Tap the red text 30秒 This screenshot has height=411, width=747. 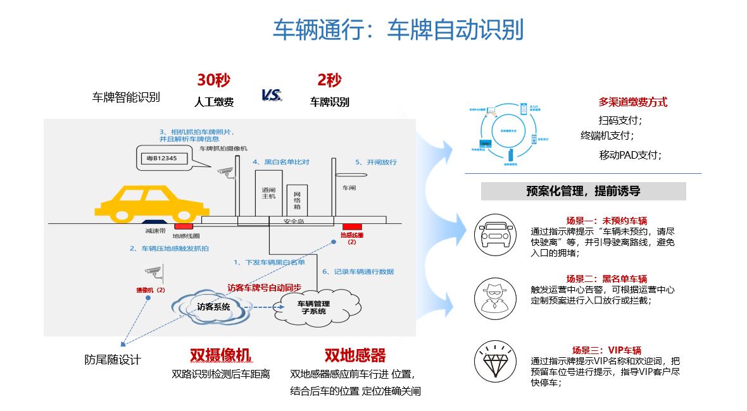point(213,80)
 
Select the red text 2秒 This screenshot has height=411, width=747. point(329,80)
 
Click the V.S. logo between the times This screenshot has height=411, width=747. point(272,95)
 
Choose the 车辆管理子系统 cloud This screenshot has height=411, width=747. point(313,308)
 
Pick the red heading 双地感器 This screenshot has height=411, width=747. point(355,355)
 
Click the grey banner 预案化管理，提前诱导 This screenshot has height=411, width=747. point(583,191)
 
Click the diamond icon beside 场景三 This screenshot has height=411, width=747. point(493,361)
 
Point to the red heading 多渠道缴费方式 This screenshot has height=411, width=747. point(632,102)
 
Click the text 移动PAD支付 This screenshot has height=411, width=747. point(630,155)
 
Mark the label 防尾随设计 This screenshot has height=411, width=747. point(113,360)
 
